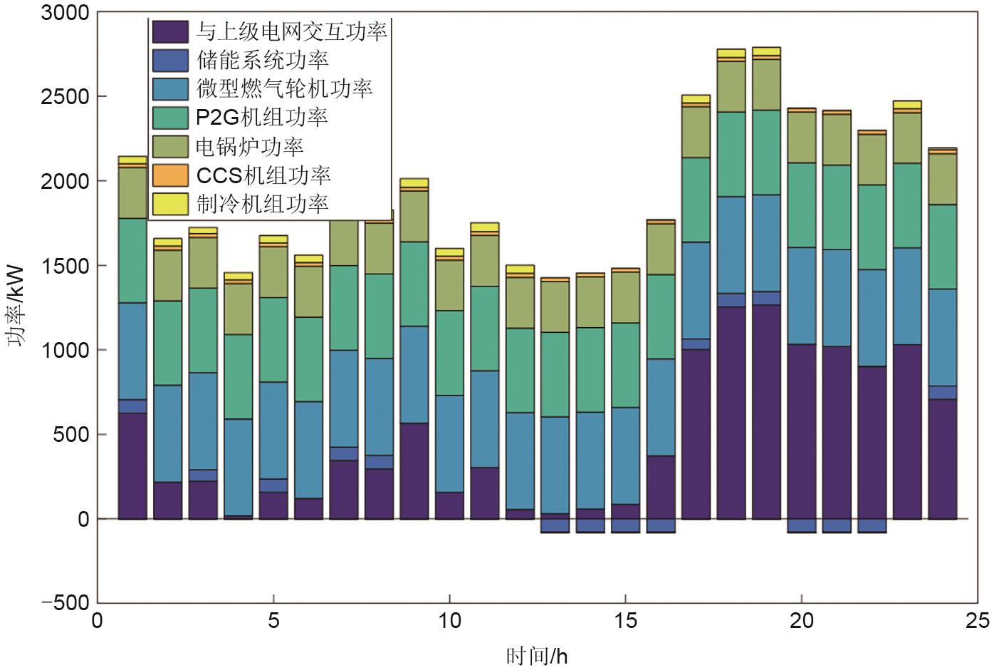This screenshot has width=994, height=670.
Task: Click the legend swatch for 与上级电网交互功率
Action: tap(170, 31)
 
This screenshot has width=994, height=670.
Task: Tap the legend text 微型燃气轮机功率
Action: tap(283, 88)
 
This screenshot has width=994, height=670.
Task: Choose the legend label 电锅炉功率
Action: tap(249, 146)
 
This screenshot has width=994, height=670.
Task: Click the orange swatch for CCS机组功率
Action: tap(170, 175)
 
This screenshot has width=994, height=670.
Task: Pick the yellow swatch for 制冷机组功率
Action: tap(170, 204)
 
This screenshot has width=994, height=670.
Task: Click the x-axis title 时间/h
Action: tap(537, 656)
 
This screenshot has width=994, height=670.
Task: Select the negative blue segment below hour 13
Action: tap(555, 525)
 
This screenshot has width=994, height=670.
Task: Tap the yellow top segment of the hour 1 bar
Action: tap(132, 160)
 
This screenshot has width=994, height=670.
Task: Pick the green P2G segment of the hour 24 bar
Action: tap(943, 247)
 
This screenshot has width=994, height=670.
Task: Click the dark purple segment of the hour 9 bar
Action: tap(414, 470)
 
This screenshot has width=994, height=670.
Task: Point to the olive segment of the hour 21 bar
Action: tap(837, 139)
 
